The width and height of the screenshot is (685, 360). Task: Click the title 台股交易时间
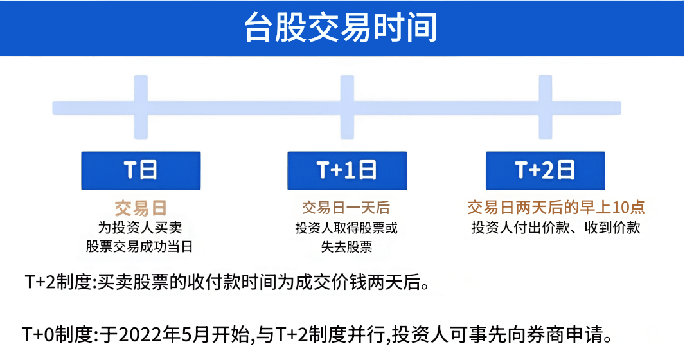click(x=341, y=28)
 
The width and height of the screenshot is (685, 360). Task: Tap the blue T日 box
click(x=141, y=170)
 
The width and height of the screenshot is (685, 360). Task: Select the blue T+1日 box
click(x=346, y=170)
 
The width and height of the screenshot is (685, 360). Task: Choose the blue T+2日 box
click(x=545, y=170)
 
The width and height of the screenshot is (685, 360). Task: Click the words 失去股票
click(x=346, y=247)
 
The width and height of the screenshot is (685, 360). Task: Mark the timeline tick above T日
click(x=141, y=107)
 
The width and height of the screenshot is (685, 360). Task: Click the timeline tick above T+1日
click(x=347, y=107)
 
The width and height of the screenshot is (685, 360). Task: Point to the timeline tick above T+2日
click(x=546, y=107)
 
